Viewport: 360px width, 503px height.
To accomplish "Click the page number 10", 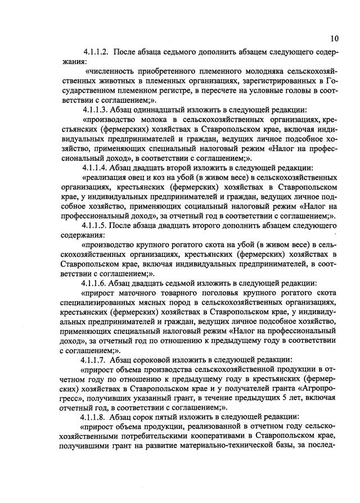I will [x=335, y=39].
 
